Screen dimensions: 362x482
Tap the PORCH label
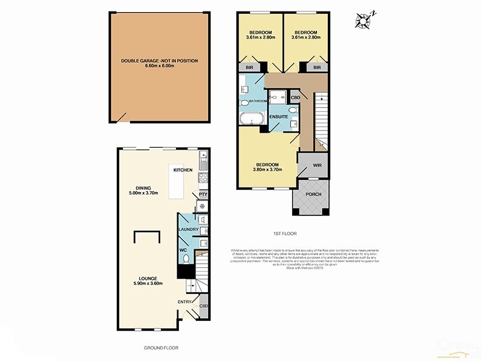pos(313,194)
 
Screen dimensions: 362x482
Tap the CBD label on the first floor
pos(295,97)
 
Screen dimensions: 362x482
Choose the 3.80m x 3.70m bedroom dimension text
pos(268,171)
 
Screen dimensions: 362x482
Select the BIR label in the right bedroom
pos(316,68)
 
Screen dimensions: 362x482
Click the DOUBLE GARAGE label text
pos(159,61)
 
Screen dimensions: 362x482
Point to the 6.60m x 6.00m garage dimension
pos(159,66)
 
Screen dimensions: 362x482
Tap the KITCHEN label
pos(183,170)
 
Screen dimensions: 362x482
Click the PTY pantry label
pos(203,194)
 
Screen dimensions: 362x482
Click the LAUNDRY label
pos(188,230)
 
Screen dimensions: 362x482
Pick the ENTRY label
pos(184,300)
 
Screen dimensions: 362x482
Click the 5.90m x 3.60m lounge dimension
pos(147,284)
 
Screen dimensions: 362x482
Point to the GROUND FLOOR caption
pos(161,348)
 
